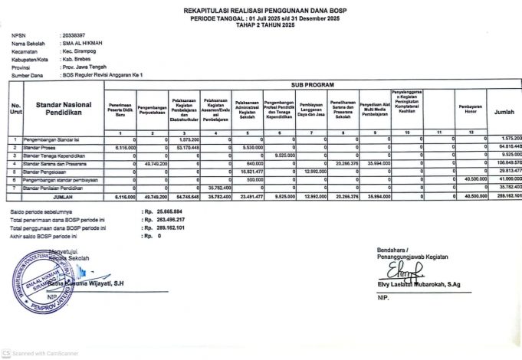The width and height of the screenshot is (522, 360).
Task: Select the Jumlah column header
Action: [504, 112]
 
